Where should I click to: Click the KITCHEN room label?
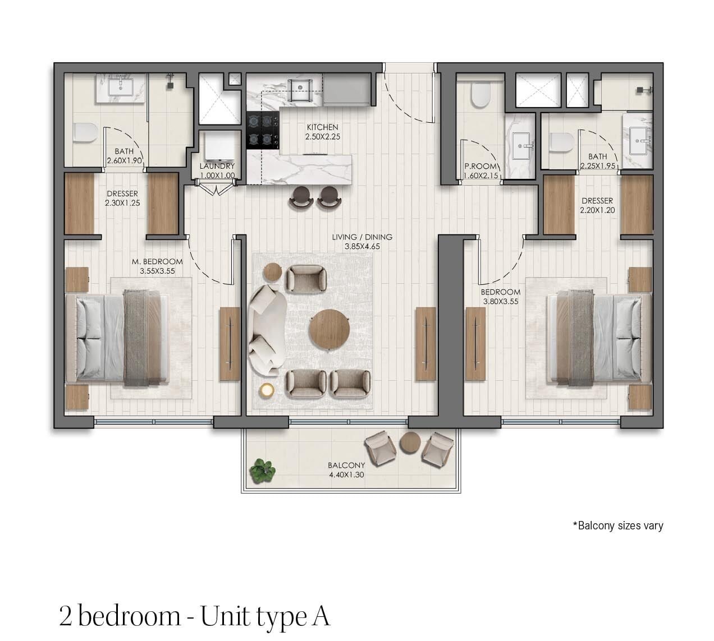tap(322, 127)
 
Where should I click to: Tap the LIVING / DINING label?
tap(362, 237)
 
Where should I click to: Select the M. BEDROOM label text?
tap(157, 262)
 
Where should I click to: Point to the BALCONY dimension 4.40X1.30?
tap(346, 474)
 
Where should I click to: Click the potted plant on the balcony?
tap(263, 471)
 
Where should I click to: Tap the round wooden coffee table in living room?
tap(329, 329)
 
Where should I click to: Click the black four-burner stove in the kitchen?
tap(263, 131)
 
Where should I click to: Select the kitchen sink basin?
tap(300, 90)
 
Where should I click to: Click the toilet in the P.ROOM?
tap(480, 95)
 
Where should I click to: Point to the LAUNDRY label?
tap(217, 166)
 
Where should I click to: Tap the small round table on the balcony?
tap(410, 442)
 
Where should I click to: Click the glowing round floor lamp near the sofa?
tap(267, 390)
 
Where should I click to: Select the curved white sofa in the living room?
tap(267, 330)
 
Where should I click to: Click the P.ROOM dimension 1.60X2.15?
tap(480, 176)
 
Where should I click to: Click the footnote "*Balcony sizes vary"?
tap(618, 525)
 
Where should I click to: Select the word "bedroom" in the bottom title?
tap(129, 616)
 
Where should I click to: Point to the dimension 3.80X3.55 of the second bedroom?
tap(501, 302)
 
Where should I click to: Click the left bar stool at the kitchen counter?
tap(301, 199)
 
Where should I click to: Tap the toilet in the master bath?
tap(86, 133)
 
